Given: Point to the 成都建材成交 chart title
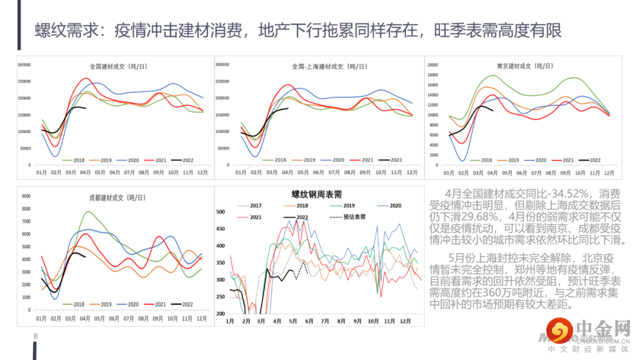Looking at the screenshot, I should tap(117, 198).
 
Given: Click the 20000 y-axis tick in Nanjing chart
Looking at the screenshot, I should tap(433, 65).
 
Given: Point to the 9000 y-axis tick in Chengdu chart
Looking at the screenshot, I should tap(26, 196).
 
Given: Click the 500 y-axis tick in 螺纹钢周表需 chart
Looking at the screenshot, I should tap(221, 212).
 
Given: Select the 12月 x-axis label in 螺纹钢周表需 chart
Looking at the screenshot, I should tap(405, 322).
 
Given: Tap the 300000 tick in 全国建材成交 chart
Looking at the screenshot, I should tap(24, 65).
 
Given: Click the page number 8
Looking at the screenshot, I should tap(35, 336).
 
